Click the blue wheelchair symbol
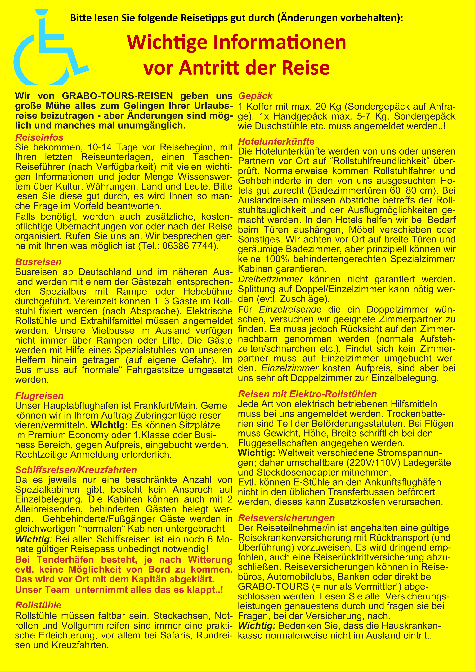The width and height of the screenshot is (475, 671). coord(47,50)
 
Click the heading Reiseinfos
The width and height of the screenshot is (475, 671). coord(39,137)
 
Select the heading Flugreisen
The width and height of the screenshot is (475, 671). coord(39,396)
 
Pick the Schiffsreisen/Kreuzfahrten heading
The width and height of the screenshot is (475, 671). coord(76,470)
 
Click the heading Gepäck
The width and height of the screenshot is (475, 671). coord(255,96)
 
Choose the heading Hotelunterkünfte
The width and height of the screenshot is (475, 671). coord(276,142)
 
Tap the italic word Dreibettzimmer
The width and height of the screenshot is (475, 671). coord(270,279)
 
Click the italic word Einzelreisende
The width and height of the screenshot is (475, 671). coord(290,309)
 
